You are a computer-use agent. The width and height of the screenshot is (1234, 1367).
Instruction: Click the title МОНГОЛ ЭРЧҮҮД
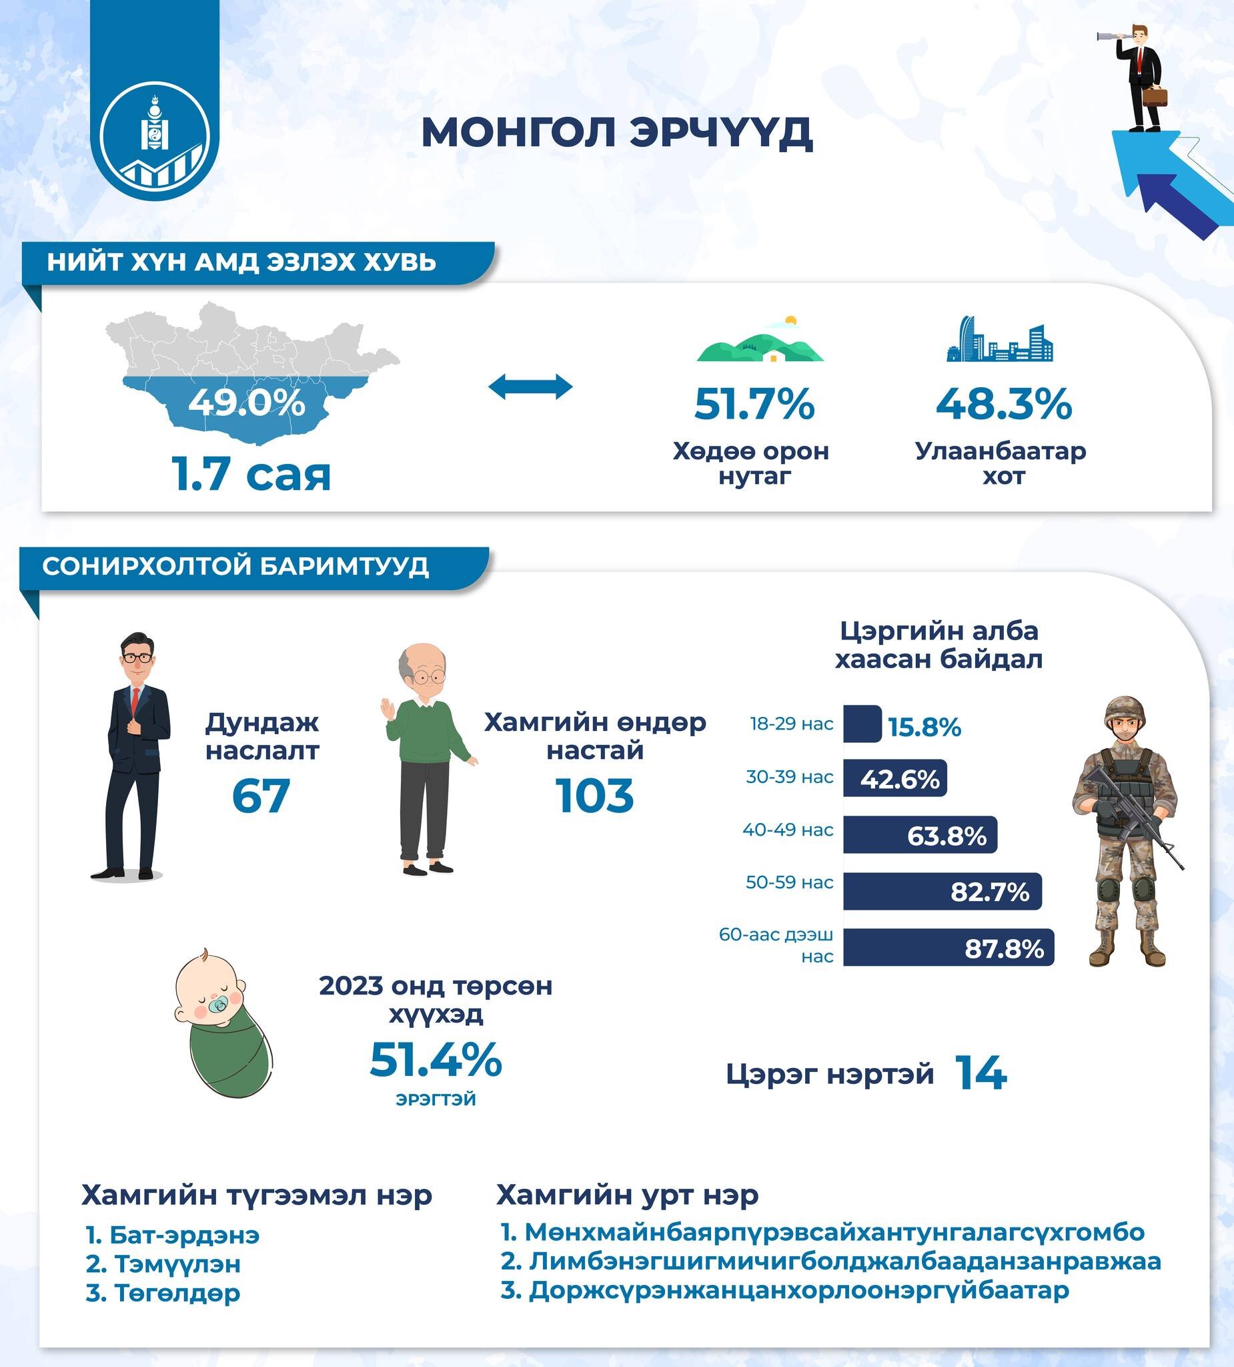click(x=616, y=131)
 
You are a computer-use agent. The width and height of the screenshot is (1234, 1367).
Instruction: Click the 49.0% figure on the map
click(x=247, y=402)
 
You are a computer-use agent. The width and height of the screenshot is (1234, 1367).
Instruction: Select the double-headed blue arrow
click(x=530, y=386)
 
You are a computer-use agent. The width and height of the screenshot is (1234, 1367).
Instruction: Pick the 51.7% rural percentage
click(x=754, y=404)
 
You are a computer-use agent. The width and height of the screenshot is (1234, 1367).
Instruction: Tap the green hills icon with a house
click(x=760, y=342)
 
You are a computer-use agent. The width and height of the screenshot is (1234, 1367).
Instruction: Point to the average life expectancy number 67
click(x=261, y=796)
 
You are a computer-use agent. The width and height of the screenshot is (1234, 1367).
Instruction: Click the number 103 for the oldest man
click(x=594, y=796)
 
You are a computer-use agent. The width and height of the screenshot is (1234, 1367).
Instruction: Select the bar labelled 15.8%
click(x=862, y=724)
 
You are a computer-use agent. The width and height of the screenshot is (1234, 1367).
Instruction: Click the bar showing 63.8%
click(x=920, y=835)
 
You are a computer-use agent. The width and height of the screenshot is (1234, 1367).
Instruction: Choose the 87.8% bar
click(x=948, y=947)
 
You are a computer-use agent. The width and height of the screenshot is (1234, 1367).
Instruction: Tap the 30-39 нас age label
click(x=790, y=777)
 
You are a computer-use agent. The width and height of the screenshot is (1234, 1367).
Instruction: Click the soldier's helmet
click(x=1125, y=710)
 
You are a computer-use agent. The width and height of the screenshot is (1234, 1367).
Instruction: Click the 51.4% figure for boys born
click(x=436, y=1060)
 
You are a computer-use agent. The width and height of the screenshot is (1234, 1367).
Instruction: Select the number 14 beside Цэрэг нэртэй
click(x=981, y=1073)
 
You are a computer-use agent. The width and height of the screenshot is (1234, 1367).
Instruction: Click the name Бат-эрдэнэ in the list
click(x=184, y=1236)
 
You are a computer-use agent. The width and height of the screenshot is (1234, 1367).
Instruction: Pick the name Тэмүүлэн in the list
click(x=177, y=1264)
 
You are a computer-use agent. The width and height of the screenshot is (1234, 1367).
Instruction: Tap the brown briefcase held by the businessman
click(x=1155, y=95)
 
